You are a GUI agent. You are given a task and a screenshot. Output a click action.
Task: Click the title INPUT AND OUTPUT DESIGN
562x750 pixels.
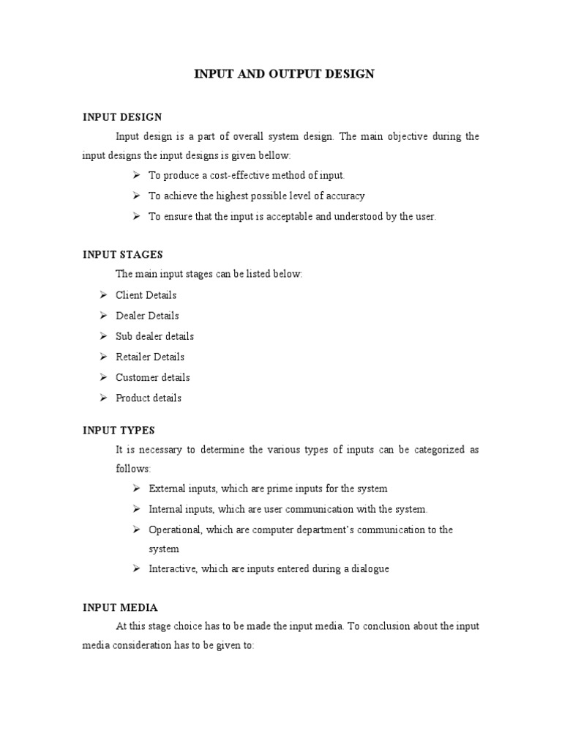[x=283, y=74]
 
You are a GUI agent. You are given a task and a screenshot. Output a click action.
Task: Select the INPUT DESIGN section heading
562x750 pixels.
[x=122, y=116]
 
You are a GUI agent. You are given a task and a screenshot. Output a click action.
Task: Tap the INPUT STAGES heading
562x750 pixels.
[x=122, y=254]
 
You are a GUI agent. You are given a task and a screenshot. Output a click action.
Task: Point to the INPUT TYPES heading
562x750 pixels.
[x=119, y=430]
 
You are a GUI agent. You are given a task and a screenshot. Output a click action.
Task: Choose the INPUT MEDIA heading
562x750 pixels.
[x=120, y=607]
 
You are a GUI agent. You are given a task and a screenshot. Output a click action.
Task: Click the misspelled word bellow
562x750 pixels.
[x=274, y=156]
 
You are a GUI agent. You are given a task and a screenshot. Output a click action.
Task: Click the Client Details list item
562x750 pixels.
[x=146, y=295]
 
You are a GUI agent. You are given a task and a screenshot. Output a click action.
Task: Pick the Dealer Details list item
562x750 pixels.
[x=147, y=316]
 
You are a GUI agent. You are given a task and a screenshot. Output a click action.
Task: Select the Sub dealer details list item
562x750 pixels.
[x=154, y=336]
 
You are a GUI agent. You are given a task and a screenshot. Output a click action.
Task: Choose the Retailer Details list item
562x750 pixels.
[x=150, y=357]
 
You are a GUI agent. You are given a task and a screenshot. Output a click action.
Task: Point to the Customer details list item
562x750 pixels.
[x=152, y=377]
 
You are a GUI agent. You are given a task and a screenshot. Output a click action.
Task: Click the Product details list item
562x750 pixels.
[x=149, y=398]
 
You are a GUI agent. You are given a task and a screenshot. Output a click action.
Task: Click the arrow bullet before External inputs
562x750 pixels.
[x=136, y=489]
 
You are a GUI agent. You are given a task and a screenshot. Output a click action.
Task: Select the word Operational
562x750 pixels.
[x=175, y=530]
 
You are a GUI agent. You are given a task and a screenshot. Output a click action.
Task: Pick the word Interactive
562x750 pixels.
[x=171, y=569]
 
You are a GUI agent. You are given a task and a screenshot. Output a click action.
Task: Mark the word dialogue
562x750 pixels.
[x=368, y=569]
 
